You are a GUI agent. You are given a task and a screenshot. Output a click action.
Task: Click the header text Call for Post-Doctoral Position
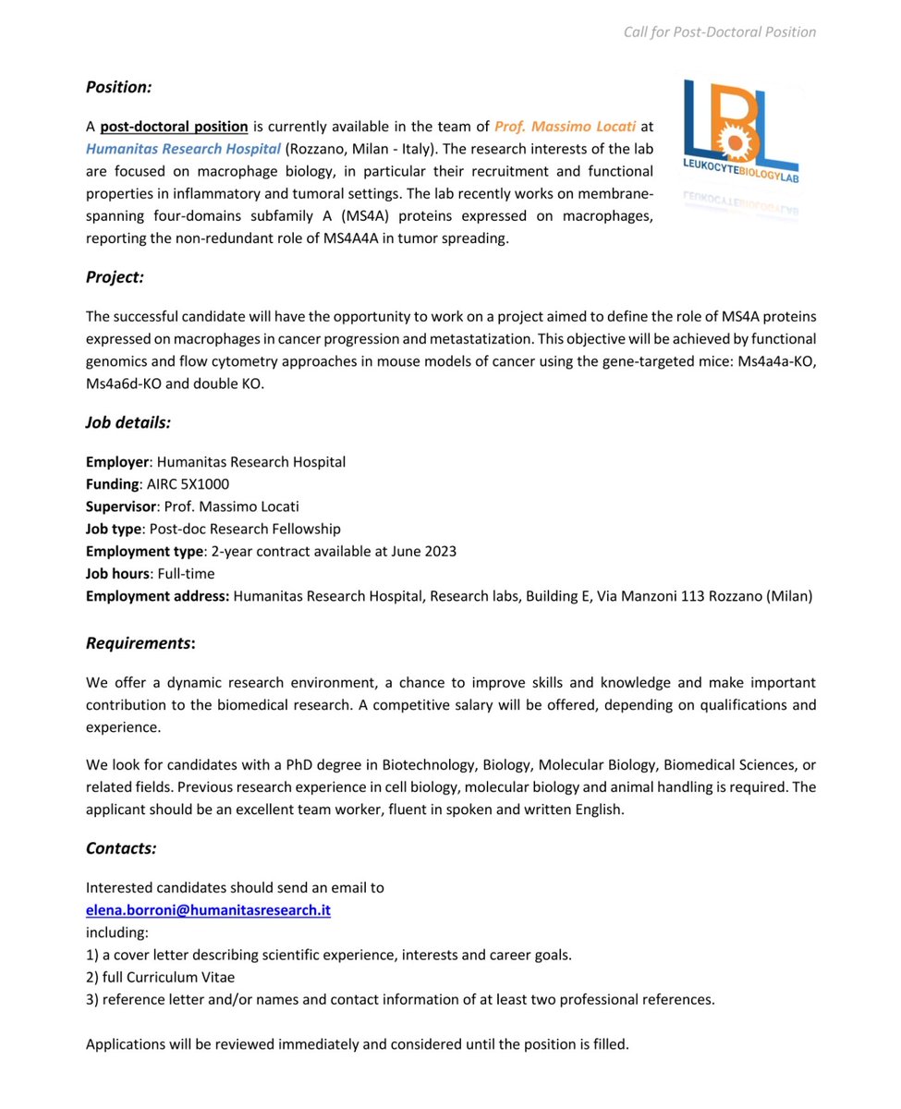719,32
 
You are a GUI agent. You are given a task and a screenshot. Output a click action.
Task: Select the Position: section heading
118,87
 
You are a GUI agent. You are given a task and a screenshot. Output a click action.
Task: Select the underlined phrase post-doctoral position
174,127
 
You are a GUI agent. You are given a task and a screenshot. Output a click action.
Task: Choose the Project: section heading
115,277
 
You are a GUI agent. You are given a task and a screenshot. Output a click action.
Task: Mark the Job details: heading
128,422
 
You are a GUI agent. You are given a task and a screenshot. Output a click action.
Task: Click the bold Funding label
113,484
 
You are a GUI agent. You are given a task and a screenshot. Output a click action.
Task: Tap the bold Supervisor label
120,506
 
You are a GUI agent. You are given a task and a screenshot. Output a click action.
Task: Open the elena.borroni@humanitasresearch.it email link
208,910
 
